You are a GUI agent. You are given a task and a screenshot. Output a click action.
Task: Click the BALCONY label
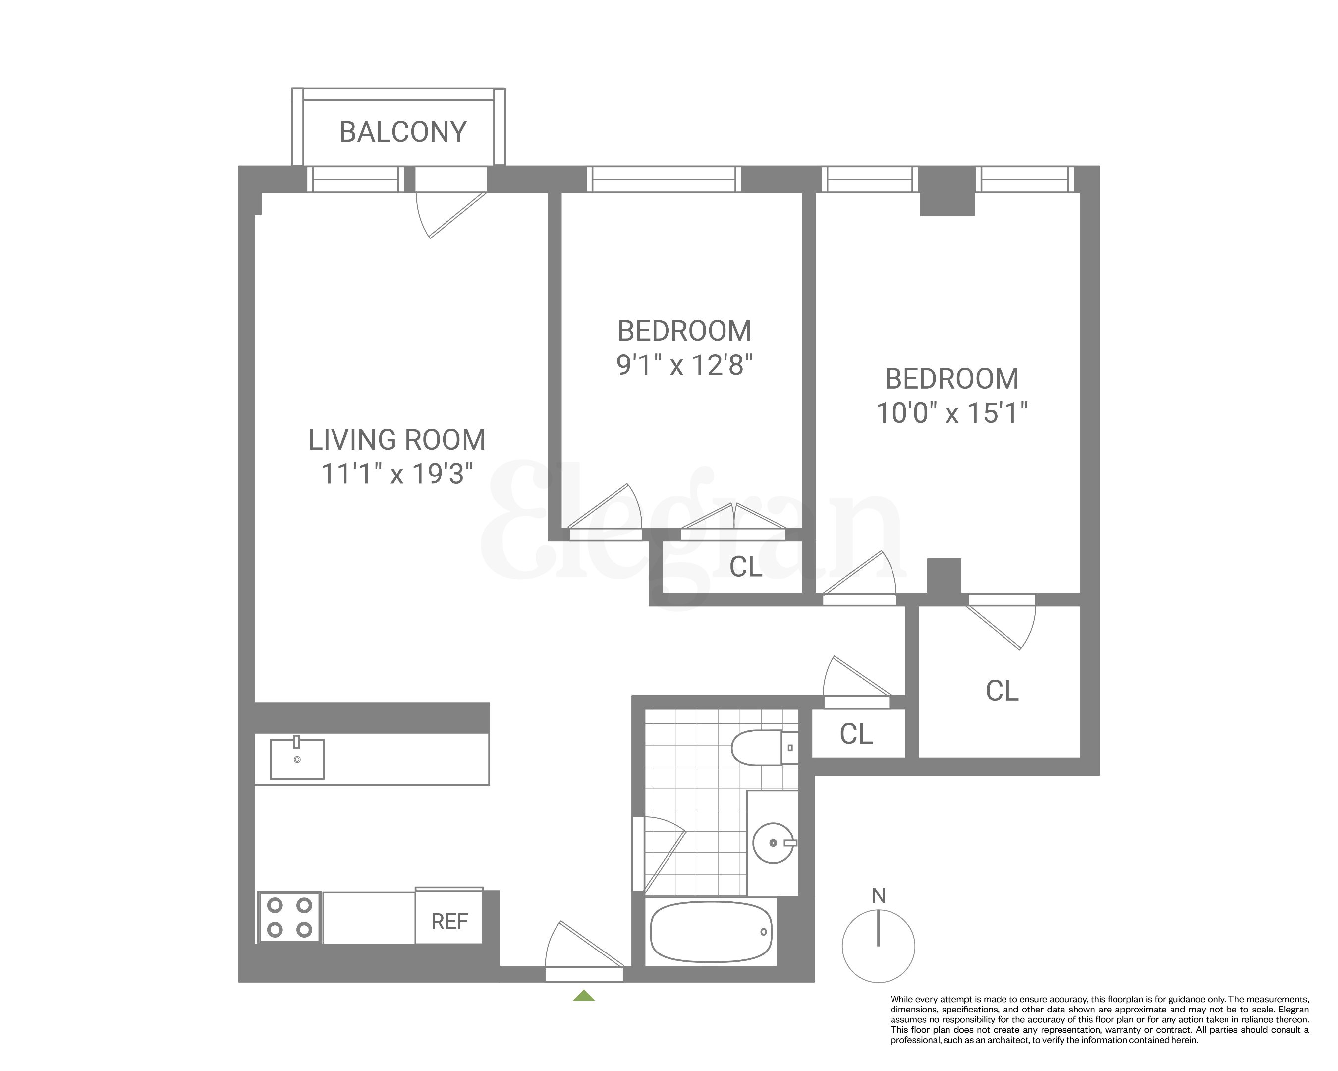[403, 132]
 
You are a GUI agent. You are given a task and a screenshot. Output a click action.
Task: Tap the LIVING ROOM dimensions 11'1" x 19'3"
[397, 475]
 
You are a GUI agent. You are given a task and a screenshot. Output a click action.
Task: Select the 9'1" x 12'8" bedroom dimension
[684, 365]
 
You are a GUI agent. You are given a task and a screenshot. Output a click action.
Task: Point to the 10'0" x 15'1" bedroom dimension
[951, 413]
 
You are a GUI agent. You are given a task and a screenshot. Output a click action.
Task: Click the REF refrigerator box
[448, 921]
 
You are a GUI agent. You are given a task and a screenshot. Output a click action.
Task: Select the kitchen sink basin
[297, 759]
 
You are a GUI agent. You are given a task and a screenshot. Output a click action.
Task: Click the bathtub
[711, 932]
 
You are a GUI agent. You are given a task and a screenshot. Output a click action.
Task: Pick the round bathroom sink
[773, 842]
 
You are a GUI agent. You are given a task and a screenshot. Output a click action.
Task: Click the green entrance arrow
[584, 996]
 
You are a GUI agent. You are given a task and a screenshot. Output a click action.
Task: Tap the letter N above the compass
[878, 895]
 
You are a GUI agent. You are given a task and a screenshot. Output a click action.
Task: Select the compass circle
[878, 946]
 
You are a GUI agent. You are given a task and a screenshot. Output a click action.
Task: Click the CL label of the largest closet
[1002, 691]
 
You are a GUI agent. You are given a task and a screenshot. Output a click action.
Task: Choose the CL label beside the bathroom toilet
[856, 734]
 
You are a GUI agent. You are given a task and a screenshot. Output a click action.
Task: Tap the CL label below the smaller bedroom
[745, 567]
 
